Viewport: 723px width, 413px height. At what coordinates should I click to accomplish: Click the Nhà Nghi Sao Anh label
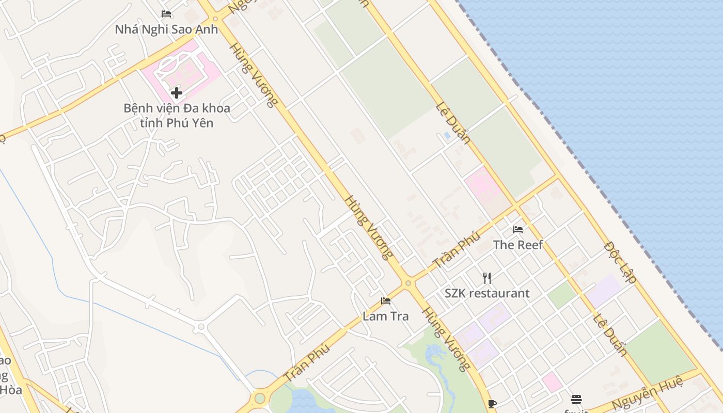(166, 29)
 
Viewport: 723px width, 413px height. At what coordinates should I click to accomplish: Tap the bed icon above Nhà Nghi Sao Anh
(166, 14)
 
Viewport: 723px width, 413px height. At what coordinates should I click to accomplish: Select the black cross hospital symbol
(177, 93)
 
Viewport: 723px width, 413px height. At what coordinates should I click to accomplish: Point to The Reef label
(518, 245)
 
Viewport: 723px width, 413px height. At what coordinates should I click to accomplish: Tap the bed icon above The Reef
(518, 230)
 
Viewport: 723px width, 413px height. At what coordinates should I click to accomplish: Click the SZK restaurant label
(487, 293)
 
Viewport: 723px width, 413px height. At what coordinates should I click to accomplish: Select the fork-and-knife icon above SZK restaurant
(487, 278)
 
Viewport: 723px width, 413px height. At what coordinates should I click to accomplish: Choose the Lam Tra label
(385, 316)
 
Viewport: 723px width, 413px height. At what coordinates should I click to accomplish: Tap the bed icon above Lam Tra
(386, 301)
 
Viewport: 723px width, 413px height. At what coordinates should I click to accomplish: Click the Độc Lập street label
(619, 262)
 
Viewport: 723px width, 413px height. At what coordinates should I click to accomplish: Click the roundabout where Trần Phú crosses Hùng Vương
(408, 283)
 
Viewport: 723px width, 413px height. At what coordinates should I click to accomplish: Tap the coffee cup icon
(492, 404)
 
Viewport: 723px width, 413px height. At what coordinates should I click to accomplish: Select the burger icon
(576, 400)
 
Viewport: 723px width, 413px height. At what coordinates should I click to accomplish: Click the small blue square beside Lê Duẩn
(447, 136)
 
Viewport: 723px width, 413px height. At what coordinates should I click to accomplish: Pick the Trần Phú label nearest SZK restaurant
(457, 250)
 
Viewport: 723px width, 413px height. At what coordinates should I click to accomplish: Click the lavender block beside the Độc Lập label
(604, 290)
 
